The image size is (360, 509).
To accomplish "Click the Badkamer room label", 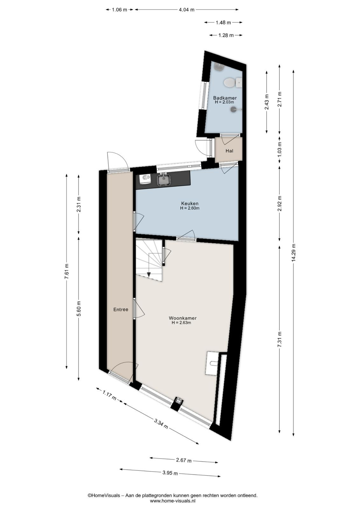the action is point(225,98).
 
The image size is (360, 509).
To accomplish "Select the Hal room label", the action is point(229,151).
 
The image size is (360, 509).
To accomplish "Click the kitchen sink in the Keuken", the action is point(163,179).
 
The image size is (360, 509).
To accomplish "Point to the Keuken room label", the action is point(190,203).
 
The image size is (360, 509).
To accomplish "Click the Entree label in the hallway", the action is point(121,309).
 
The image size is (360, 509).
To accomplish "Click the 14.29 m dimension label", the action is point(294,253).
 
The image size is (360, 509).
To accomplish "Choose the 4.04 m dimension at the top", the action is point(186,10).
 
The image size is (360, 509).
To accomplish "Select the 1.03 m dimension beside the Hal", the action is point(279,149).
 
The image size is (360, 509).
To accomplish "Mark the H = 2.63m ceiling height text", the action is point(181,323).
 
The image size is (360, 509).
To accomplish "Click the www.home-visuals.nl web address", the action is point(173,501).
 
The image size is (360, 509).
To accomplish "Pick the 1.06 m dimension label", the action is point(120,10).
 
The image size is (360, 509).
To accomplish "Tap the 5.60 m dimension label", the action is point(79,308).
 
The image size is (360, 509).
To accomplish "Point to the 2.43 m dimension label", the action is point(267,102).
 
